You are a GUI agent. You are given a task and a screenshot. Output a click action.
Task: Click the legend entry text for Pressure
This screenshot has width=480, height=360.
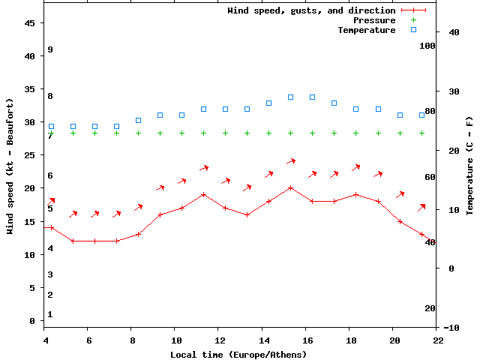click(x=373, y=20)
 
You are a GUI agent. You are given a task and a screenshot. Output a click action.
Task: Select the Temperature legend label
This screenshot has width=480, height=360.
click(x=366, y=30)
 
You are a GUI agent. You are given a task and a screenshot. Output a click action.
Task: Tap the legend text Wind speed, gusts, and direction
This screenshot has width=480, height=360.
click(x=310, y=10)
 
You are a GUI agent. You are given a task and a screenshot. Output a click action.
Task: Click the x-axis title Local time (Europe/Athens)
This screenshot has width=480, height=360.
click(x=238, y=354)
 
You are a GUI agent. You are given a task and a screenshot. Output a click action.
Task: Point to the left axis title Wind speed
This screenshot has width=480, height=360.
click(x=10, y=166)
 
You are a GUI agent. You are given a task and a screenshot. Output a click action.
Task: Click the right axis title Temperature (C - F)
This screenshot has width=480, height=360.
click(x=469, y=166)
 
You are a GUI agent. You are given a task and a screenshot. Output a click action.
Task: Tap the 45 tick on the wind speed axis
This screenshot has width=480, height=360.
click(x=31, y=23)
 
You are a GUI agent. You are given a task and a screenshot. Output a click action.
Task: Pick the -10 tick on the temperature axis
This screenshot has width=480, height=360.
click(x=451, y=328)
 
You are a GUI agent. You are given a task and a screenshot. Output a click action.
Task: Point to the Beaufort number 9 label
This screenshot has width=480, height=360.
click(x=49, y=49)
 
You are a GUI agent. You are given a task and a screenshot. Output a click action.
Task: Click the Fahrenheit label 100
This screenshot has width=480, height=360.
click(x=427, y=46)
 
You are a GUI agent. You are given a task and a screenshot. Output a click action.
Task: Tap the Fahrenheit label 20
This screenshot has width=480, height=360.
click(x=430, y=308)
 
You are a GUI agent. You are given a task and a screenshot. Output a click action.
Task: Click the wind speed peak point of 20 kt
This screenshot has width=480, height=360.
click(x=290, y=187)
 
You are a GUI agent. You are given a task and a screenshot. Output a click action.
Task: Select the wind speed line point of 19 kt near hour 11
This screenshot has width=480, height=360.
click(x=203, y=194)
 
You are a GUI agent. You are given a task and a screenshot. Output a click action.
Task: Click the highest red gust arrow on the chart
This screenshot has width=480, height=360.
click(x=291, y=160)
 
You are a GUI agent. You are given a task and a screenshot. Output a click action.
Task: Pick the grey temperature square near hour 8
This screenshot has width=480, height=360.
click(x=138, y=120)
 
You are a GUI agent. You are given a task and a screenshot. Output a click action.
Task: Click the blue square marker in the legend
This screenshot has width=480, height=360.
click(x=413, y=30)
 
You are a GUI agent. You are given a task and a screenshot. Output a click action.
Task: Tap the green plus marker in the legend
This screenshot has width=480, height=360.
click(x=413, y=20)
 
